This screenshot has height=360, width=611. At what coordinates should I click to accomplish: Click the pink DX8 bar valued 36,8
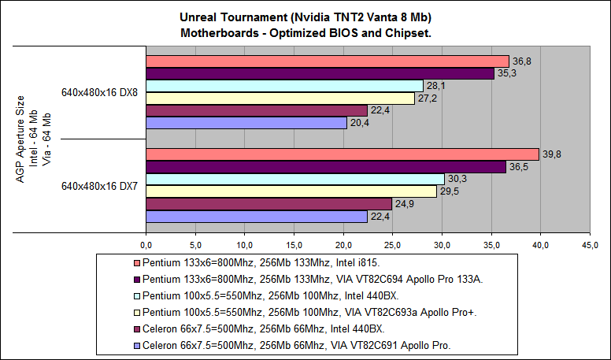tap(327, 61)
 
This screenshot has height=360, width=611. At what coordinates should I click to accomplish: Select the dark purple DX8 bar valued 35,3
tap(320, 73)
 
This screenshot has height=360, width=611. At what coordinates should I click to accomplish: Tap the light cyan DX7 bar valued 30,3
tap(294, 179)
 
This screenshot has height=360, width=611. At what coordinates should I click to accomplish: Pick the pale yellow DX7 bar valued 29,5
tap(291, 191)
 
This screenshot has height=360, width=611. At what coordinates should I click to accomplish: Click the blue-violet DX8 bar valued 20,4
tap(246, 123)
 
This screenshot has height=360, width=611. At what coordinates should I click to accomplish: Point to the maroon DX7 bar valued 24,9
tap(268, 204)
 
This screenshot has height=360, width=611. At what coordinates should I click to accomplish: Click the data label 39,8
tap(550, 154)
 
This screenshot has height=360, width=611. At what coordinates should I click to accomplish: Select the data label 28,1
tap(435, 86)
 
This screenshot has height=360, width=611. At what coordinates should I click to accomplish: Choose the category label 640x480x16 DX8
tap(100, 92)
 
